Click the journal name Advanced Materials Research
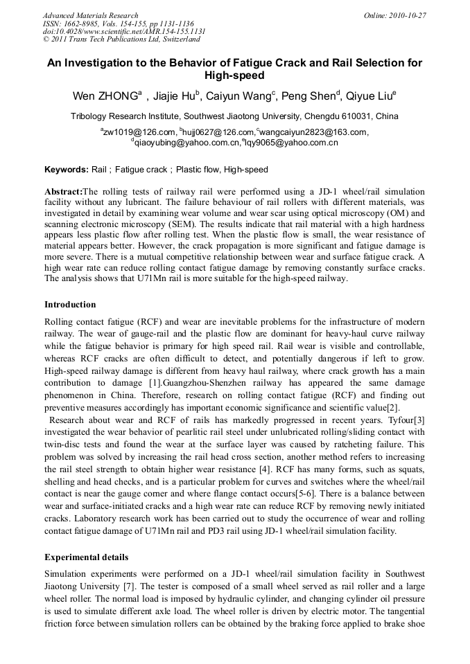click(90, 15)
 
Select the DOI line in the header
click(124, 31)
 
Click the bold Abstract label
click(63, 191)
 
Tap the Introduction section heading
click(70, 305)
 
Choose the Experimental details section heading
click(86, 557)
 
